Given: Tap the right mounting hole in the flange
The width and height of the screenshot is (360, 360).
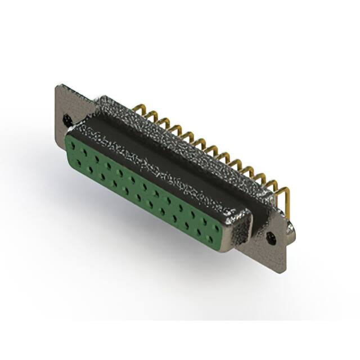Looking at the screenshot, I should point(273,238).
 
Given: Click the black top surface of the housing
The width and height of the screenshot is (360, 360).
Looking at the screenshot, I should point(169,152).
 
